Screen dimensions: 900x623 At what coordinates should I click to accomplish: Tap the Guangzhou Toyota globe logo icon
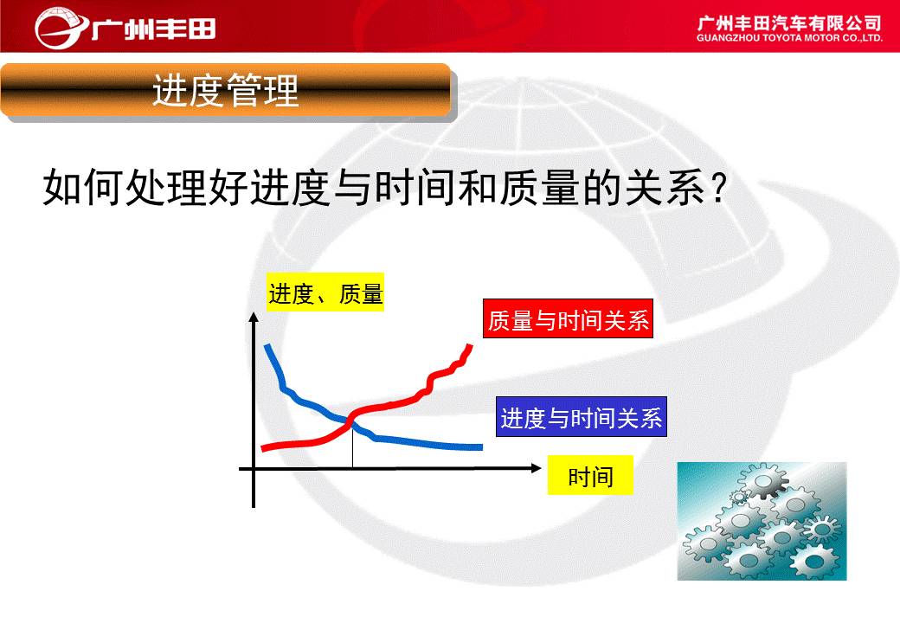point(60,28)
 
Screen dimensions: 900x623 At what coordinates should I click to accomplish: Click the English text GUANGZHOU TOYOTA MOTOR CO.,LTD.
point(789,38)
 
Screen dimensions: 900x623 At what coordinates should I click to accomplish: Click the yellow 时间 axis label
point(590,475)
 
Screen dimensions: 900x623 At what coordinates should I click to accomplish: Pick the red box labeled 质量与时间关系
point(568,318)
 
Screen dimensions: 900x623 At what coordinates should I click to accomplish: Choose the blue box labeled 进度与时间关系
point(582,416)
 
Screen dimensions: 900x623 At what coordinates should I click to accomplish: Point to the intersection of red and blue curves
point(350,421)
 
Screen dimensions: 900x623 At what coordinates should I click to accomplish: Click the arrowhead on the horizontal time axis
point(536,468)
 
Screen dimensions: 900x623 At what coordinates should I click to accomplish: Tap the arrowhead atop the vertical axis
point(254,318)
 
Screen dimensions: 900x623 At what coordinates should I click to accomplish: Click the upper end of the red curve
point(470,346)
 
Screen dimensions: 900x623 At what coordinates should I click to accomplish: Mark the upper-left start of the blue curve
point(267,346)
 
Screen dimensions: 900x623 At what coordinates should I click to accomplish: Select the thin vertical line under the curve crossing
point(352,446)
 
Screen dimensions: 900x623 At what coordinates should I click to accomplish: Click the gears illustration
point(762,521)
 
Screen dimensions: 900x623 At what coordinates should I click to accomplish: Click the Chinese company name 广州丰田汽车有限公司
point(789,23)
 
